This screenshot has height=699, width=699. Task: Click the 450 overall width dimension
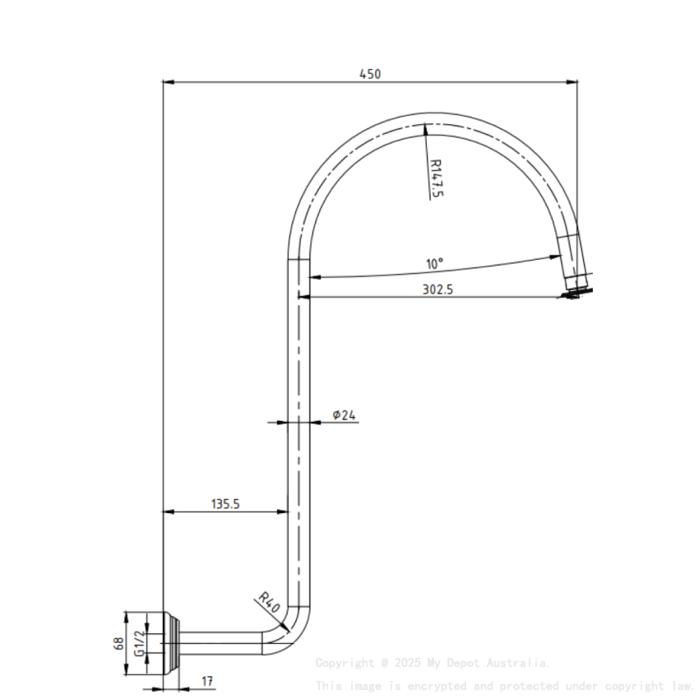[x=370, y=73]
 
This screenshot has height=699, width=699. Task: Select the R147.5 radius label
[x=436, y=178]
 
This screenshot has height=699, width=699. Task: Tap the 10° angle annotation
[x=434, y=263]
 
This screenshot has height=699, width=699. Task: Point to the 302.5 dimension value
[x=437, y=289]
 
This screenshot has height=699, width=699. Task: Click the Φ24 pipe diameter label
[x=345, y=415]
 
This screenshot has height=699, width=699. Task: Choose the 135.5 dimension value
[x=225, y=504]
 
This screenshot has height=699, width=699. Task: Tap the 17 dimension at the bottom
[x=206, y=682]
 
